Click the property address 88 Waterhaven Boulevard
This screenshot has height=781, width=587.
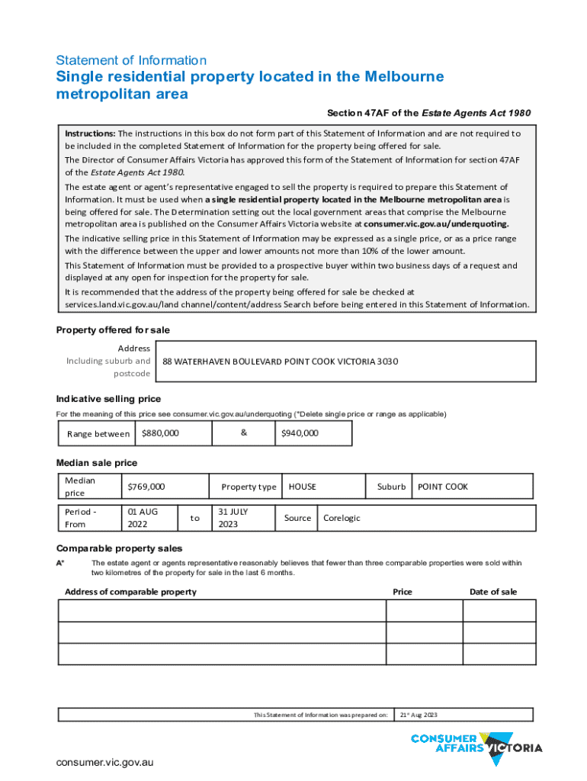280,362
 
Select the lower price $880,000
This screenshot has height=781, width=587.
160,433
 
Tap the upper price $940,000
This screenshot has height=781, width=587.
300,433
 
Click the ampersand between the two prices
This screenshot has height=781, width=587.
243,432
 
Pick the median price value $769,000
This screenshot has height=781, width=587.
146,487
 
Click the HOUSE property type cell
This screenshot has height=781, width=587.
302,487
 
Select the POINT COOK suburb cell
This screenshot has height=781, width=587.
442,487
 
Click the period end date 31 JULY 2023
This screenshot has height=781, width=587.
233,518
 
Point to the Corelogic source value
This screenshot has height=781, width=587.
342,518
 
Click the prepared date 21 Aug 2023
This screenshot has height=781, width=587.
419,715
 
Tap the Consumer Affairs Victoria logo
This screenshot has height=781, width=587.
476,744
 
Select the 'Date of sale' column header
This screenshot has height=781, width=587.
492,592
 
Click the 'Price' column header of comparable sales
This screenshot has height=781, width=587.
403,592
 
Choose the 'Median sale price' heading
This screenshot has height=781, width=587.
97,463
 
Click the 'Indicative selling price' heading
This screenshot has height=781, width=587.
108,399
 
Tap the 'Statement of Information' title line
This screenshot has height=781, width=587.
131,60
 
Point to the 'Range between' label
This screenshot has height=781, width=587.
98,434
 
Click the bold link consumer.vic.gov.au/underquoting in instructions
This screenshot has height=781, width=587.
435,224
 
